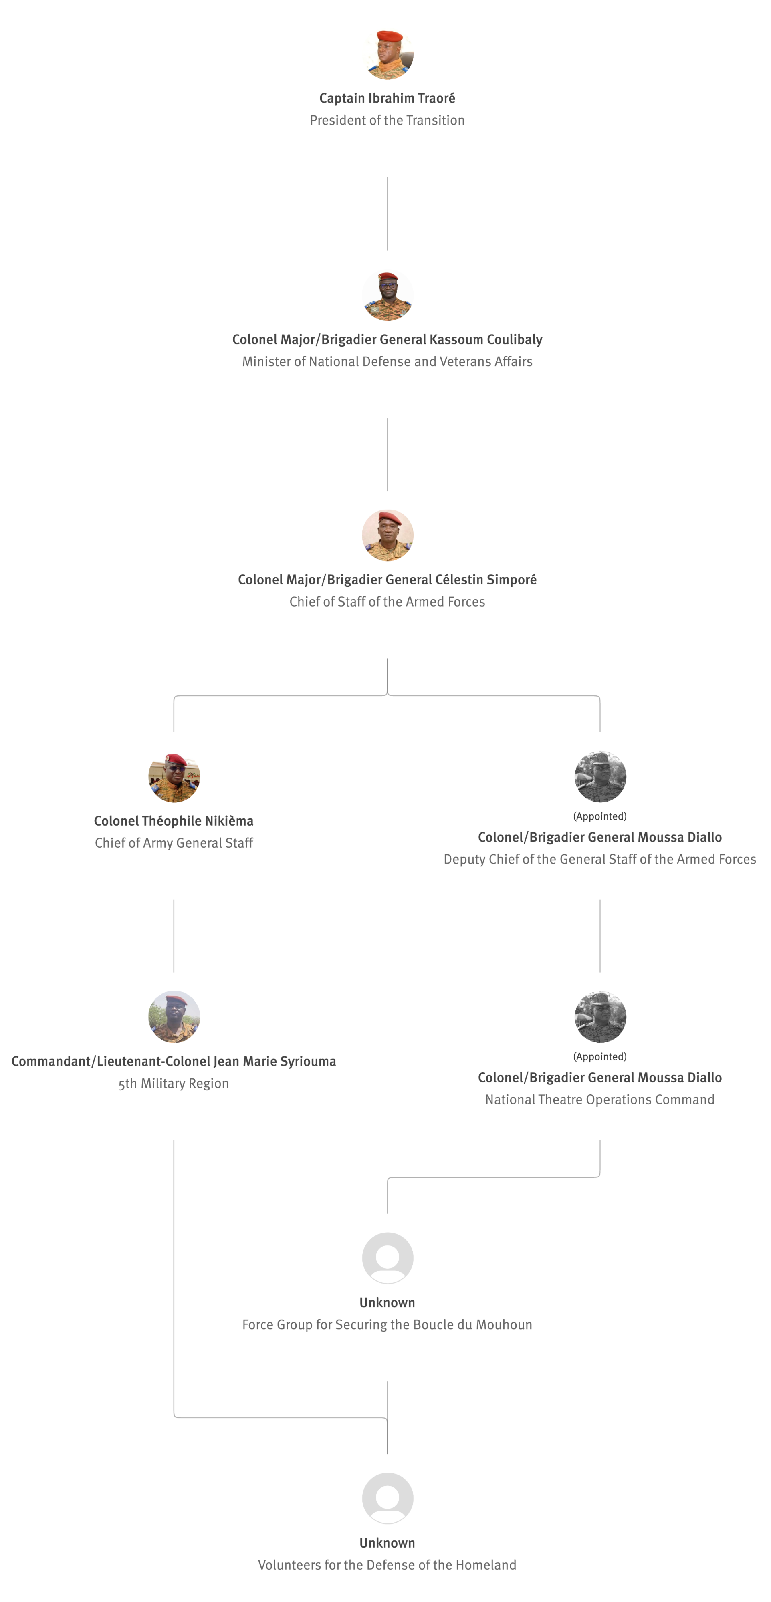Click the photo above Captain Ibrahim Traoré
pos(387,54)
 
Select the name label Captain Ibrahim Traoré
pos(387,98)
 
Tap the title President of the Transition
pos(387,120)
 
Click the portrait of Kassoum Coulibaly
pos(387,295)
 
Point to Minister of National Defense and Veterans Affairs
pos(387,361)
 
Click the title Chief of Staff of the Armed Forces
pos(387,601)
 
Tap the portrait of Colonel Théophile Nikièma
pos(174,776)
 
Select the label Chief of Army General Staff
pos(174,843)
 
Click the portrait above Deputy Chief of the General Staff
pos(600,776)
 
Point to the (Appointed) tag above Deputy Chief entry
pos(600,816)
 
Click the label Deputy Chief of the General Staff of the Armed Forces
pos(600,859)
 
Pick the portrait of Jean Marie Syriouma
pos(174,1017)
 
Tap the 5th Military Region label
pos(174,1083)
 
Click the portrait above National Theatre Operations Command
pos(600,1017)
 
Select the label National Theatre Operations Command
pos(600,1100)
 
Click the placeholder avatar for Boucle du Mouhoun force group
pos(387,1257)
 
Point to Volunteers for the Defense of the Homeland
pos(387,1565)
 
